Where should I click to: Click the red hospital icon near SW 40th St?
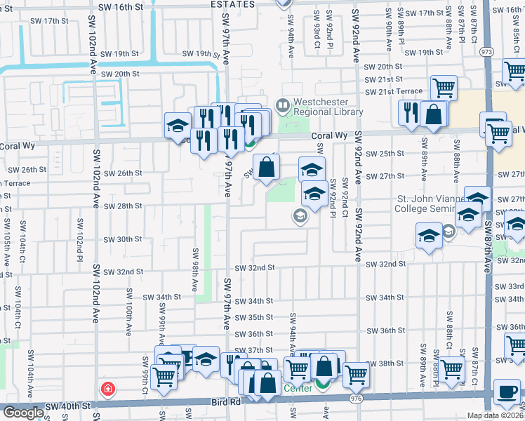tap(107, 388)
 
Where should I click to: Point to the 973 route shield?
tap(486, 52)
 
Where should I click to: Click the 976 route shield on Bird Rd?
tap(357, 398)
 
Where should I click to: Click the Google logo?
tap(23, 413)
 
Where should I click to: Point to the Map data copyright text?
tap(495, 415)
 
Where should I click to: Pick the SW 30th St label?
tap(124, 239)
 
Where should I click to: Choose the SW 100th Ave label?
tap(128, 308)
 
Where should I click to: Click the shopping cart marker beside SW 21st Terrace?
tap(444, 88)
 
